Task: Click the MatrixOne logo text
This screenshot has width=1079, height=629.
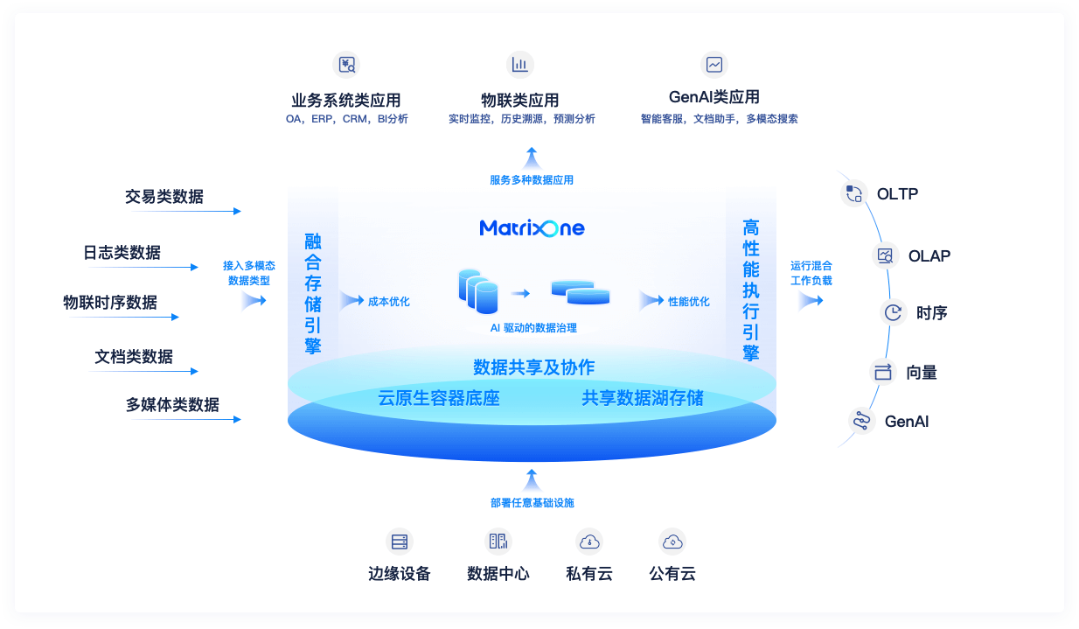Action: click(532, 228)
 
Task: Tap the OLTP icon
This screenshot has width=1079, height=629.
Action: click(853, 193)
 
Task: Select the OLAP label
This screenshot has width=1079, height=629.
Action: click(929, 256)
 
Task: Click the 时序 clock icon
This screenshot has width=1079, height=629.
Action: click(893, 312)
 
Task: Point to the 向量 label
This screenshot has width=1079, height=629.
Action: click(922, 373)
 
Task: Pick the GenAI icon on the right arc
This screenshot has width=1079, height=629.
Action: click(861, 421)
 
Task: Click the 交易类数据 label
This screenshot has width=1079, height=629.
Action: click(164, 197)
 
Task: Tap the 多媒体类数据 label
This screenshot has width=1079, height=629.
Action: click(172, 405)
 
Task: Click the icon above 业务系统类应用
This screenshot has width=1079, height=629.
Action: click(347, 64)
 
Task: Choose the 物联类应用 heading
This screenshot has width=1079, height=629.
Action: click(520, 100)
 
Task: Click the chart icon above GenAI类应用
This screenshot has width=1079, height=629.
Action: click(714, 64)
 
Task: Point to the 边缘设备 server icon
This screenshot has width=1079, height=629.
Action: click(400, 542)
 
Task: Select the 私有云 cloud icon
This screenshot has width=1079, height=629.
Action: click(589, 542)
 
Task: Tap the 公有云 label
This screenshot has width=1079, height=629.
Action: click(672, 574)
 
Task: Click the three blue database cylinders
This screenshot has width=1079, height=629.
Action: click(478, 292)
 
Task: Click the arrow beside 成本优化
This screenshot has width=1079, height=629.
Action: click(352, 301)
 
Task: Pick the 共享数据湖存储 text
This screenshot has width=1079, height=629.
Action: click(643, 399)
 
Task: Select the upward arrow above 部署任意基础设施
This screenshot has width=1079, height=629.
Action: click(531, 479)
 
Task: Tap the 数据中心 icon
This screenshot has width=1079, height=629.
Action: click(498, 542)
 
